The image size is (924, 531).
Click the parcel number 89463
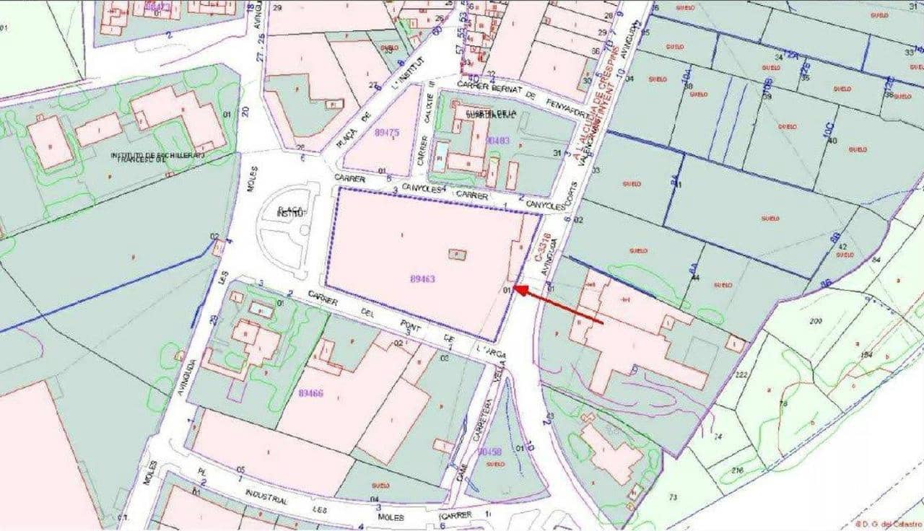423,278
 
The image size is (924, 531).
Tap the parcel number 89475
388,133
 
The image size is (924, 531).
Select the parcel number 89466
310,392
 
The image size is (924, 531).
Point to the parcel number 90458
489,452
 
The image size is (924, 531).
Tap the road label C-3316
545,246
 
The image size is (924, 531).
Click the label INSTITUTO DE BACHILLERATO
158,155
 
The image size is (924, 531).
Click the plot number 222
741,374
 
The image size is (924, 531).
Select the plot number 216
736,470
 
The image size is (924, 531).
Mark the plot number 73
673,497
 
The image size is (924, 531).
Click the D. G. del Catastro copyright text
889,524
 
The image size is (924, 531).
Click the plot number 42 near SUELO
843,246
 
